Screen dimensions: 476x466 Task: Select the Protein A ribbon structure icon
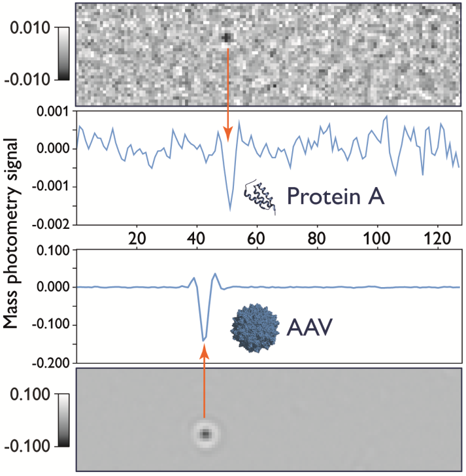[259, 197]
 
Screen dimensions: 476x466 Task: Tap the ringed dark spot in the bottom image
[205, 433]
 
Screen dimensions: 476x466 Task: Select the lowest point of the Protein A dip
[230, 209]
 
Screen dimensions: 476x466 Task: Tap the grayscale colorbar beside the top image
[64, 54]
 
